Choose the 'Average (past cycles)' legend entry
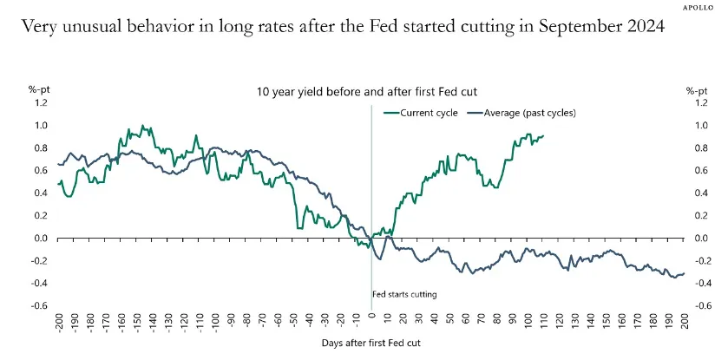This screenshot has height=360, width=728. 522,114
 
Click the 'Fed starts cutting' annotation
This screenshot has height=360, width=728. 404,294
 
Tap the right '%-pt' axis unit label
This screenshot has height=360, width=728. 697,89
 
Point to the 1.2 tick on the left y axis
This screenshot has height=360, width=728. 43,102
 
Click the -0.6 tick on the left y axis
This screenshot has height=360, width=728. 42,305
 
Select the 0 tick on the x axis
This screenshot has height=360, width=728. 372,317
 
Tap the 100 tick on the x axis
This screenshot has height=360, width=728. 528,321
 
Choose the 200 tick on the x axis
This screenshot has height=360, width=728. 685,321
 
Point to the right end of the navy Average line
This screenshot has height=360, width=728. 684,274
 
